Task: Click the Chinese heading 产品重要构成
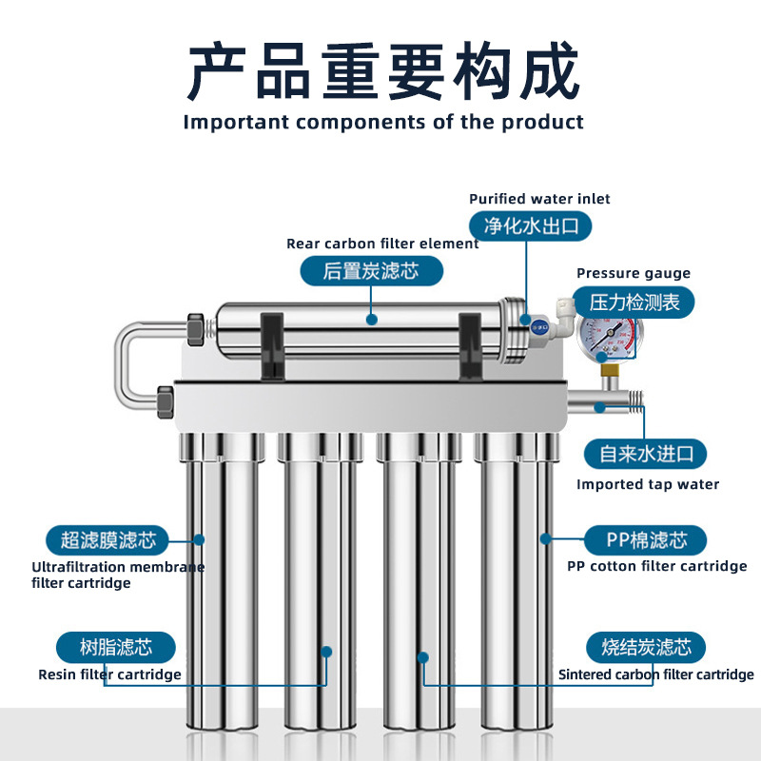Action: click(x=383, y=70)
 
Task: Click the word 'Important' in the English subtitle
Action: click(x=236, y=122)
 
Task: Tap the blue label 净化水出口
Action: click(x=531, y=226)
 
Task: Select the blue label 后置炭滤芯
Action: click(x=371, y=271)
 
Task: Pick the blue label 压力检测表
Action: click(x=634, y=302)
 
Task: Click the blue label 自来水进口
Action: click(x=645, y=454)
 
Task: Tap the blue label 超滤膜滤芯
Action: click(x=107, y=540)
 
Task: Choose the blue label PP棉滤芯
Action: click(x=645, y=540)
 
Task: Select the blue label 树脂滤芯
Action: click(x=115, y=648)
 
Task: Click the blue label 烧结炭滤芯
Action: click(x=646, y=648)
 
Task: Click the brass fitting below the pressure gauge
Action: click(x=609, y=372)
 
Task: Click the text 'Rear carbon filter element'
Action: click(x=382, y=244)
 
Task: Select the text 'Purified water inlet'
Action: click(x=539, y=199)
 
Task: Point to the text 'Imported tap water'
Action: click(x=648, y=484)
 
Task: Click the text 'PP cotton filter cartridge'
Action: click(x=656, y=566)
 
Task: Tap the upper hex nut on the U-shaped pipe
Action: click(x=195, y=329)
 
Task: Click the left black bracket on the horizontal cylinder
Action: click(x=272, y=346)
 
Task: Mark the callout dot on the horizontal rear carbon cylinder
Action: click(x=372, y=320)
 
